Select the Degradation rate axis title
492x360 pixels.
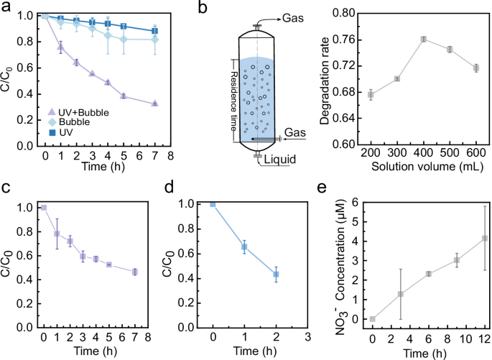(328, 79)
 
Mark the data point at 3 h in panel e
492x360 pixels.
(400, 294)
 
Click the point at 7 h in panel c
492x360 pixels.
(135, 272)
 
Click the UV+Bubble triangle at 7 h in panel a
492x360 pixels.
(155, 103)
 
